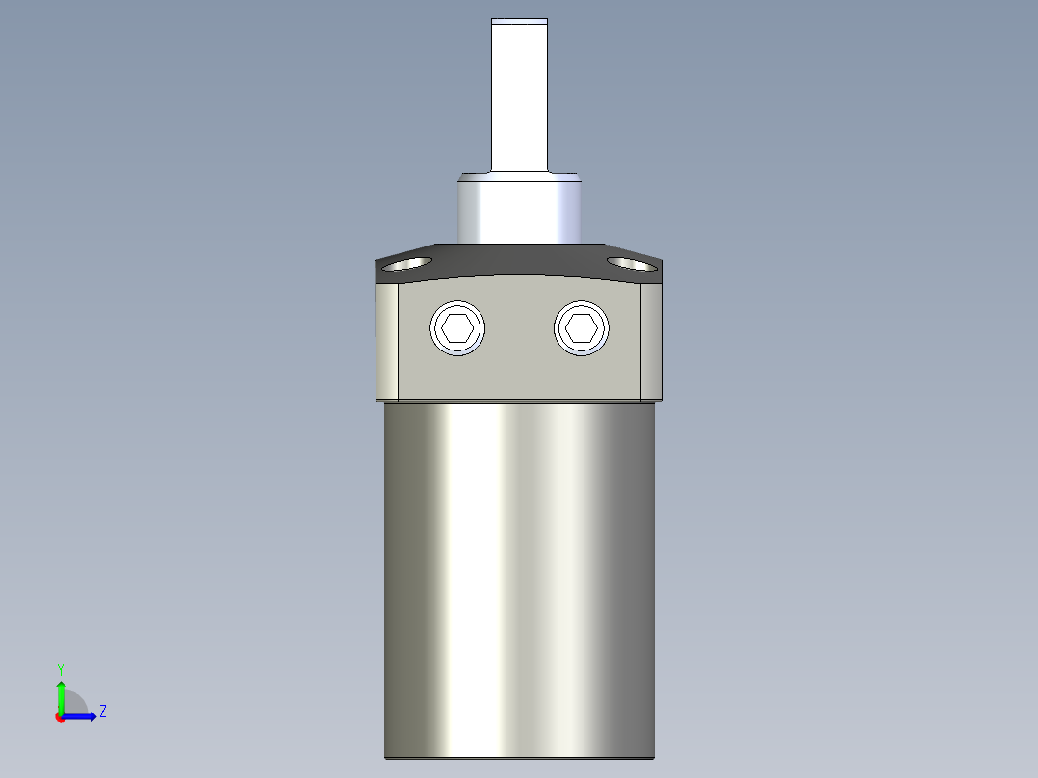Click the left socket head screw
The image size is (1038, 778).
[457, 327]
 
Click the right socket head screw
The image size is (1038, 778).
[582, 327]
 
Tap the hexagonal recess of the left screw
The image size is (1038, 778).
[457, 327]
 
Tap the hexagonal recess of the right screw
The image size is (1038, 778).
[582, 327]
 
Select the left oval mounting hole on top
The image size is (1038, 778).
[407, 264]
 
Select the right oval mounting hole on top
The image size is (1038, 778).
[632, 264]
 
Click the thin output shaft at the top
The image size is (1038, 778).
[520, 96]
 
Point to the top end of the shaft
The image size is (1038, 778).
[520, 19]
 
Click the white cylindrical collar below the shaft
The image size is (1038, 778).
[520, 209]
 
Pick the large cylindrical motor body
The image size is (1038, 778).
[520, 580]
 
